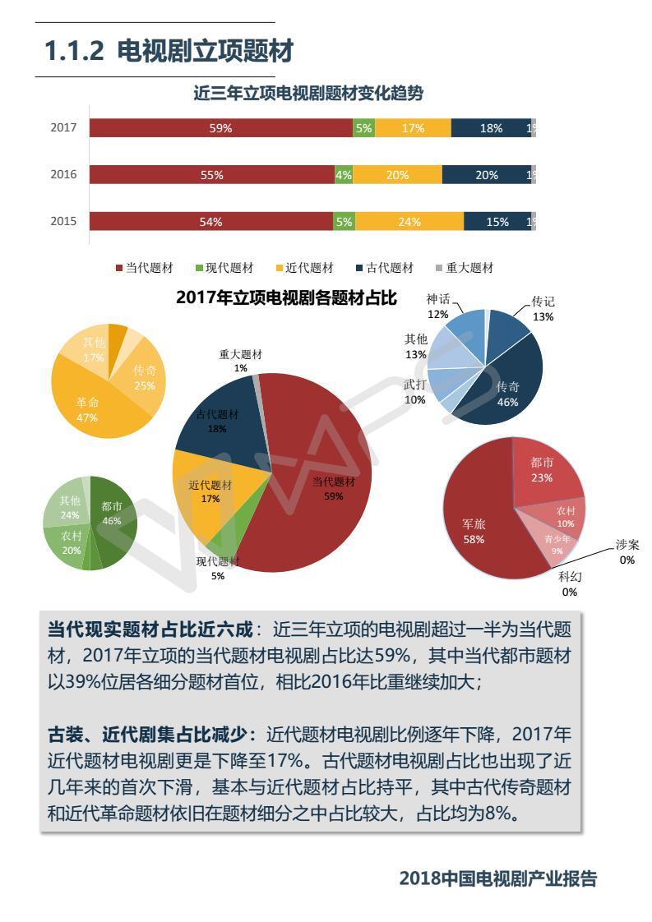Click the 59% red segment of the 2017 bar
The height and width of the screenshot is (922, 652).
[220, 128]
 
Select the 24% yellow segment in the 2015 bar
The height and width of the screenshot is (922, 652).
[409, 221]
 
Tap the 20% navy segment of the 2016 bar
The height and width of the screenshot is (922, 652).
[486, 174]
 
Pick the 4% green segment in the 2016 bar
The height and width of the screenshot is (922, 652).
[344, 174]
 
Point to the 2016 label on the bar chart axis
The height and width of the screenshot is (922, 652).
[63, 174]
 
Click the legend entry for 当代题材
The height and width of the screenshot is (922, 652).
[144, 268]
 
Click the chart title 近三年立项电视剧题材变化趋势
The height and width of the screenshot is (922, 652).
[308, 94]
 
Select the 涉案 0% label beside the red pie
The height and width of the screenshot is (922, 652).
[627, 552]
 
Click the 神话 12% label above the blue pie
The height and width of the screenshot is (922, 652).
[437, 307]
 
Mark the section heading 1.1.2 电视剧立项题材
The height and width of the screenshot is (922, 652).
[169, 52]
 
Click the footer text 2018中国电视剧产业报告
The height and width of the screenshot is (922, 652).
[497, 878]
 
